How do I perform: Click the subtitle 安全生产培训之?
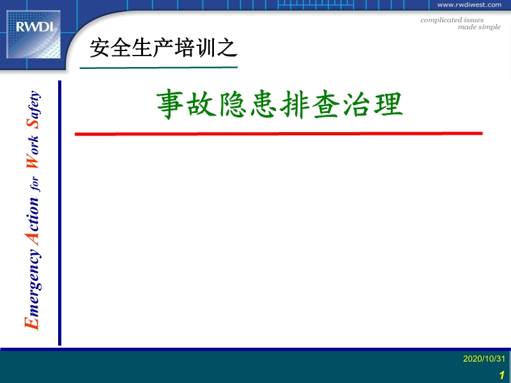[164, 48]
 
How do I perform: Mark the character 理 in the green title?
[388, 105]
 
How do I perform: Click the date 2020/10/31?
[484, 359]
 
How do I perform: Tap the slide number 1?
[502, 375]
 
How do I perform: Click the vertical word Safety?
[34, 109]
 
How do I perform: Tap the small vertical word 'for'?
[34, 184]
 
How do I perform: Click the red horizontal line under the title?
[278, 133]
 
